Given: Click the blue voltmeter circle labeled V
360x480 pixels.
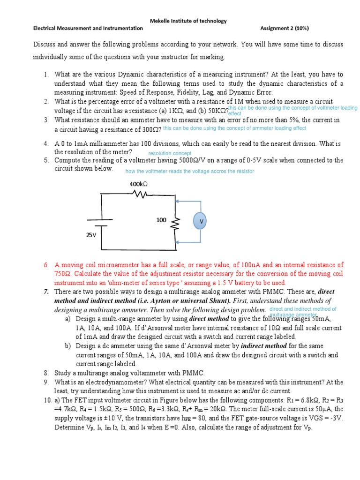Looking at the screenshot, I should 202,221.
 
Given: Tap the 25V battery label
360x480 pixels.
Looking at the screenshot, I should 91,235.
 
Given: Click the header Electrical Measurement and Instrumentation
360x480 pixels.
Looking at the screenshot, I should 88,28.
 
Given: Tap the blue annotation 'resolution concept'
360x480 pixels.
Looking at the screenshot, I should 170,153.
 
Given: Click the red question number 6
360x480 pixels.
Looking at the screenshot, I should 46,265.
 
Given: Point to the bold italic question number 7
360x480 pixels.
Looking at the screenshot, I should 46,292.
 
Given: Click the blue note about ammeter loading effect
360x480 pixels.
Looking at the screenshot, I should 234,128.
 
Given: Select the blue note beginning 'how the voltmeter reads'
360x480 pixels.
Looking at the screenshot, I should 189,172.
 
